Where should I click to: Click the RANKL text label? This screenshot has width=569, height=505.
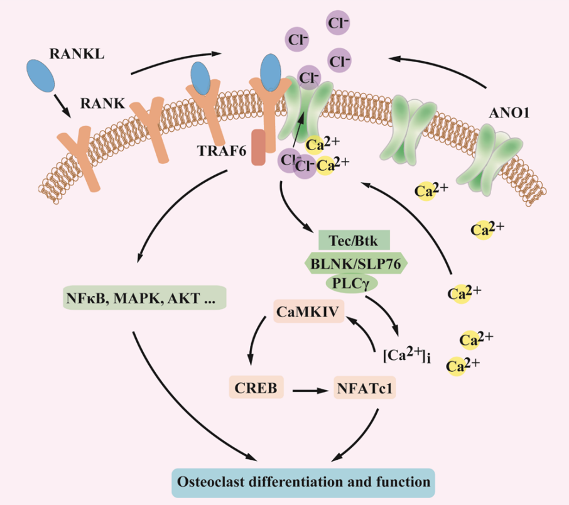77,54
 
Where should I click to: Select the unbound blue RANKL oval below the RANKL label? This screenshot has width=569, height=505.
41,76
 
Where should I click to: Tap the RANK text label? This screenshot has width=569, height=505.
102,104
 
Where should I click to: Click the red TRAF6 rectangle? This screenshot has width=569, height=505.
259,148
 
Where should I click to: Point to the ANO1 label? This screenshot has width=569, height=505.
509,113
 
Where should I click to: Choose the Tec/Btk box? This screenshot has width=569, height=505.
354,240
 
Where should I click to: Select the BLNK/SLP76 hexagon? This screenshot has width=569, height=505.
355,264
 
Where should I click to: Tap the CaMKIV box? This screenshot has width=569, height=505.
308,311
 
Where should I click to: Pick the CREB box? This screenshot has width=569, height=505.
256,387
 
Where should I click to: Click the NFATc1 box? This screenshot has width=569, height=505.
364,388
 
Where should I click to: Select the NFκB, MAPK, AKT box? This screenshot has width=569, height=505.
144,298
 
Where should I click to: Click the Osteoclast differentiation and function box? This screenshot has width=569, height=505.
303,482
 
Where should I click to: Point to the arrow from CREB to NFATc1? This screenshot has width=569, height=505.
310,391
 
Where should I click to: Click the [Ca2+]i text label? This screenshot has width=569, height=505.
407,355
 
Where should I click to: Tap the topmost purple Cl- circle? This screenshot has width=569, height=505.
338,23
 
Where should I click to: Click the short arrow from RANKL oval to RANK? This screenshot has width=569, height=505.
62,106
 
